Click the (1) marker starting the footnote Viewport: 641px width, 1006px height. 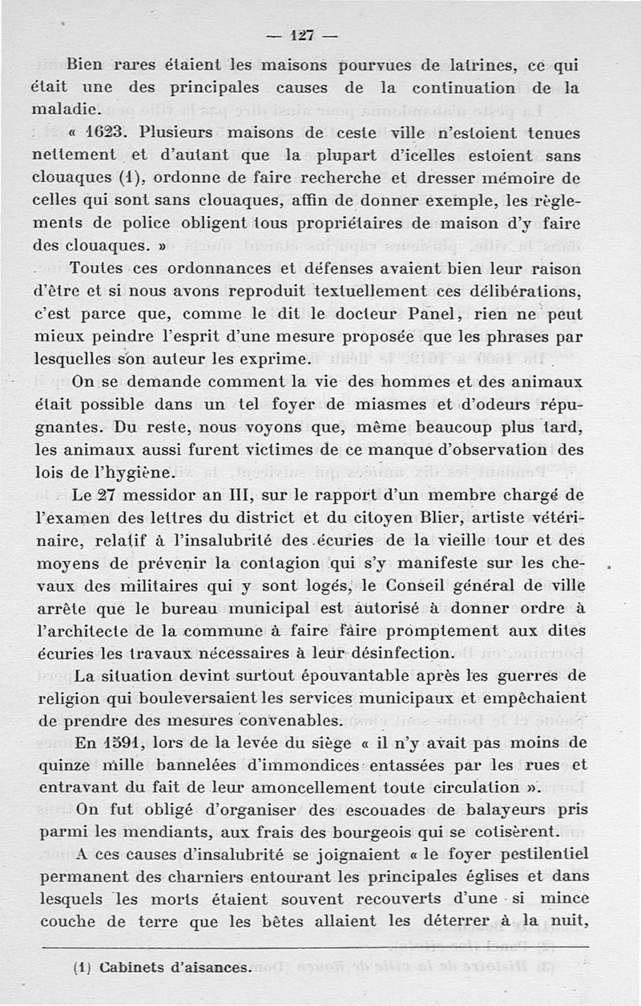(80, 968)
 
